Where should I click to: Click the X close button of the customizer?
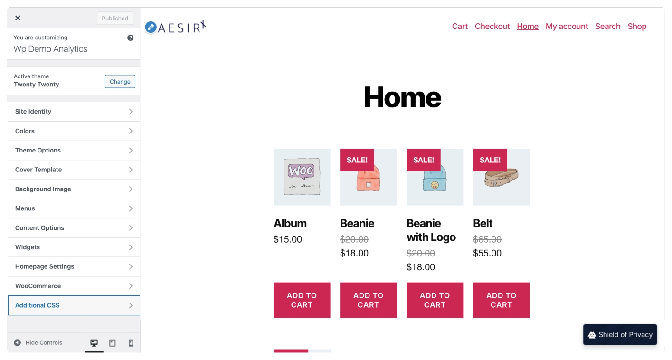[x=18, y=18]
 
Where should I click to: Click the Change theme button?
[x=120, y=82]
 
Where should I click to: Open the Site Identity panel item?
[x=74, y=112]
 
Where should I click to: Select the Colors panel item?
[x=74, y=131]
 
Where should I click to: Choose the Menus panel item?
[x=74, y=208]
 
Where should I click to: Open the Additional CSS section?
[x=74, y=305]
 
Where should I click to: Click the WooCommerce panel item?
[x=74, y=286]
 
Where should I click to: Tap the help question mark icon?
[x=130, y=38]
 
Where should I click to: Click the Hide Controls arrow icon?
[x=18, y=342]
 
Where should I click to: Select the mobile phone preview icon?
[x=131, y=343]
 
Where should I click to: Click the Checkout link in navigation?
[x=492, y=27]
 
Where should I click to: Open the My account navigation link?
[x=567, y=27]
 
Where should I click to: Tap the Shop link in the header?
[x=637, y=27]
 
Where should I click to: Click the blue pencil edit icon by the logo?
[x=151, y=27]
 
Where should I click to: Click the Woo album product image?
[x=302, y=177]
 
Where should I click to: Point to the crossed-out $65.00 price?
[x=487, y=239]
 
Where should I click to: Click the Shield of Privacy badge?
[x=620, y=335]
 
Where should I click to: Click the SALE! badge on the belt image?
[x=490, y=160]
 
